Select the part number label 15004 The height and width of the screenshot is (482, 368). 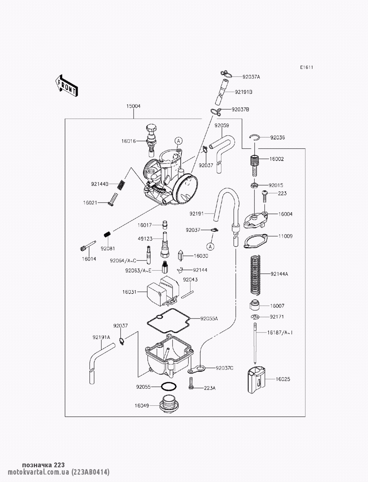tap(134, 106)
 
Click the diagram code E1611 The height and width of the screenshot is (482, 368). tap(306, 67)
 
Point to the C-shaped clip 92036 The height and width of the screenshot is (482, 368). tap(254, 137)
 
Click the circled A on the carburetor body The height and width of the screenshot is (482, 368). tap(178, 140)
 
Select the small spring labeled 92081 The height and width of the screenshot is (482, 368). tap(107, 233)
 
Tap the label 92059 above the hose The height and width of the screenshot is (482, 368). tap(222, 126)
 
